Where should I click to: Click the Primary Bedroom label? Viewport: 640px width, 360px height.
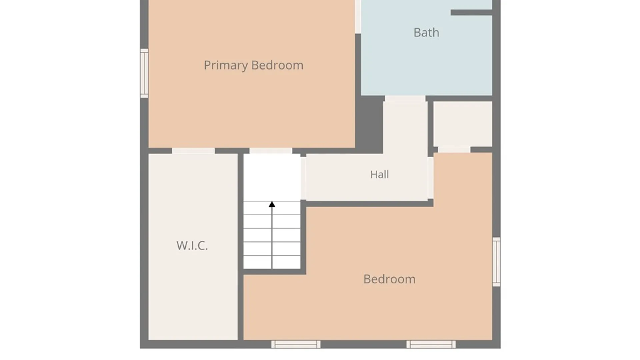254,65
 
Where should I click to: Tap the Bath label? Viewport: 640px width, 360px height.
426,33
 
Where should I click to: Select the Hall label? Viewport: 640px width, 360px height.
379,174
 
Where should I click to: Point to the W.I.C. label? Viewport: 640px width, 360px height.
192,246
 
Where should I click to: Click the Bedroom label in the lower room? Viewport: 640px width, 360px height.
389,279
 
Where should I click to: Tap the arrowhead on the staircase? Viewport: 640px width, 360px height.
272,204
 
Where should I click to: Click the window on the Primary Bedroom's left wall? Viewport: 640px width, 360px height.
144,73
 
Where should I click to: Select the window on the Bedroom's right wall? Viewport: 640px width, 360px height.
496,262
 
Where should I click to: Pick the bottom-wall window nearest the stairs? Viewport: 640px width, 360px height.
296,344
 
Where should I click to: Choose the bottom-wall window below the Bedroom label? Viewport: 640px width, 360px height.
431,344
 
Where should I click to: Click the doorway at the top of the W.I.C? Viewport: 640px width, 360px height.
193,151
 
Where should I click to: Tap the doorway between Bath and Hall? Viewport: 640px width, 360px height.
405,99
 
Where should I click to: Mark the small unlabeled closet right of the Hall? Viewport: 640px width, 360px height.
463,124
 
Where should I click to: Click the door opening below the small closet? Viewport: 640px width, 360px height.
454,150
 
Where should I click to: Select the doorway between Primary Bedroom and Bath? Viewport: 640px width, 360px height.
358,17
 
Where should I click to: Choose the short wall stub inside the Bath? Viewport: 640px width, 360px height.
471,12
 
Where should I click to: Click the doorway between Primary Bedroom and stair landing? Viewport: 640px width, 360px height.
271,151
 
